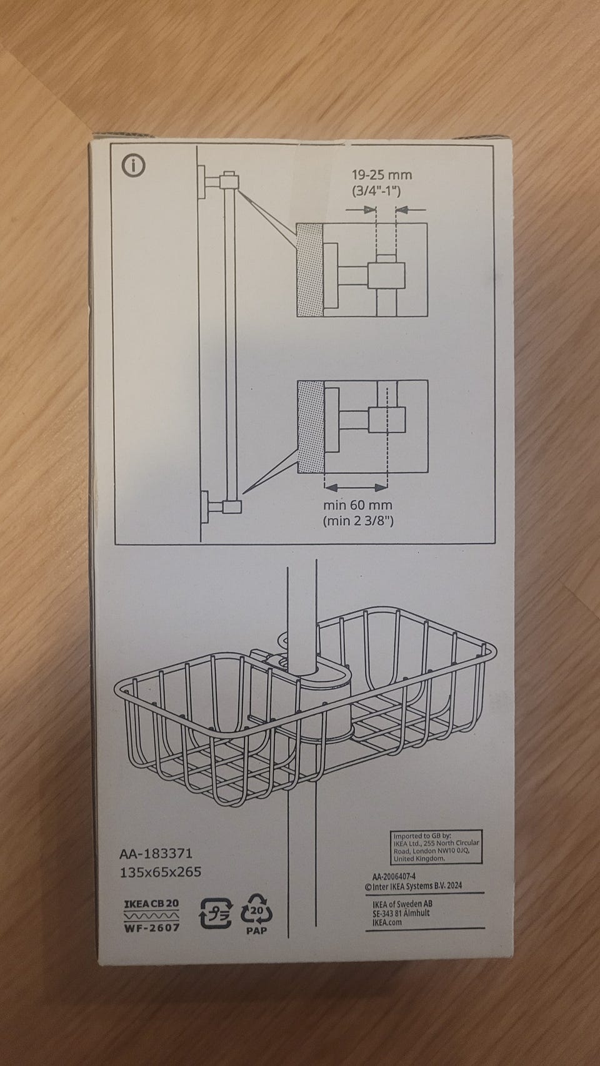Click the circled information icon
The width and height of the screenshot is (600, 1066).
134,166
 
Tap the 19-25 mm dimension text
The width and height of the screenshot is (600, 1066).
382,175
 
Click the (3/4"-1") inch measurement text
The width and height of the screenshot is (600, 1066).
376,191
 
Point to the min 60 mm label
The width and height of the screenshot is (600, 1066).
357,505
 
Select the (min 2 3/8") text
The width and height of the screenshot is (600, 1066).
358,521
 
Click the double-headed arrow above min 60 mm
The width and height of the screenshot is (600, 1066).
356,487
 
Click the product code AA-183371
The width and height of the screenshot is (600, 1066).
156,853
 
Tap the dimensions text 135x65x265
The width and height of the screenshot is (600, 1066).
161,872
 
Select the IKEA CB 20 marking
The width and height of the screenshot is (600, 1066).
151,904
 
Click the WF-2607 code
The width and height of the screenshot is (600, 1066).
152,927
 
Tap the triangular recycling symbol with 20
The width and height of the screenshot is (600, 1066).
257,911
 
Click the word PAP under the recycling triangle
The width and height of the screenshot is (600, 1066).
257,930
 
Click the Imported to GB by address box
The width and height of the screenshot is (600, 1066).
436,847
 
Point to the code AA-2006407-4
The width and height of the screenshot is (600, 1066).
394,876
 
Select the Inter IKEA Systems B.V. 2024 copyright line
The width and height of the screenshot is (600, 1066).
413,886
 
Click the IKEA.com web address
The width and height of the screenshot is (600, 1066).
387,922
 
